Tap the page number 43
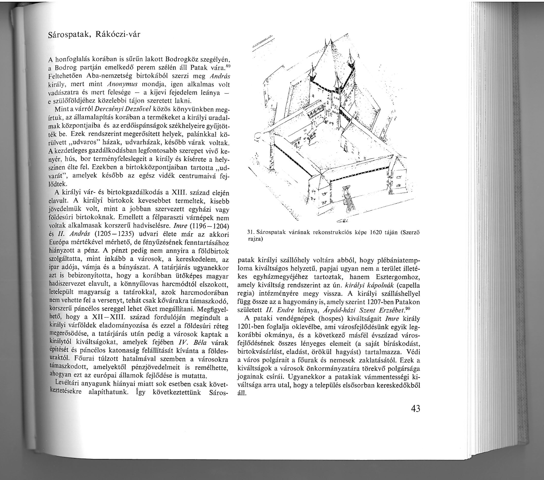point(415,408)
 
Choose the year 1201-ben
point(253,327)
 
